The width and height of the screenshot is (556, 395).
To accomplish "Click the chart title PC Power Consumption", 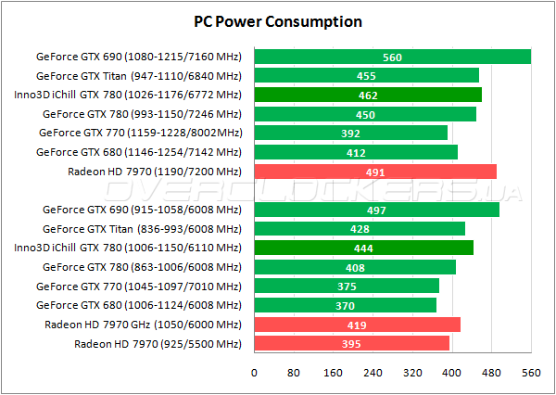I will [278, 20].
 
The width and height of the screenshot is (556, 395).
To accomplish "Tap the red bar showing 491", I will [374, 172].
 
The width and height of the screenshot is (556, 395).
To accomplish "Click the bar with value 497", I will [375, 210].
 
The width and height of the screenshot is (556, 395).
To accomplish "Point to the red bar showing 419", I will [356, 325].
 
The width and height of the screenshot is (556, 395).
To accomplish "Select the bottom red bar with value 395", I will [350, 344].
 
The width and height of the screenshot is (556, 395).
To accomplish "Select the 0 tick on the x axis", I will [254, 373].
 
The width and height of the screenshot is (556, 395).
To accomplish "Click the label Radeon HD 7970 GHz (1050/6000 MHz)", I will [143, 325].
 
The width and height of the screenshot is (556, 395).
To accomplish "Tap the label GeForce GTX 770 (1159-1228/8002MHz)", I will [140, 133].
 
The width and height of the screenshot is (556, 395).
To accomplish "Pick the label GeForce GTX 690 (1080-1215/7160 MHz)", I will [139, 57].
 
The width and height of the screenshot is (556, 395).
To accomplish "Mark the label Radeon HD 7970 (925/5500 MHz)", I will [157, 344].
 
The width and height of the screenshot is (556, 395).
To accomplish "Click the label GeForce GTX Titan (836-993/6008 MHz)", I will [139, 229].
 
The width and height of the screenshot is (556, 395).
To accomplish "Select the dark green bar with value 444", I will [362, 248].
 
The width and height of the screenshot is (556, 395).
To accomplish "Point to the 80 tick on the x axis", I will [294, 373].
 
